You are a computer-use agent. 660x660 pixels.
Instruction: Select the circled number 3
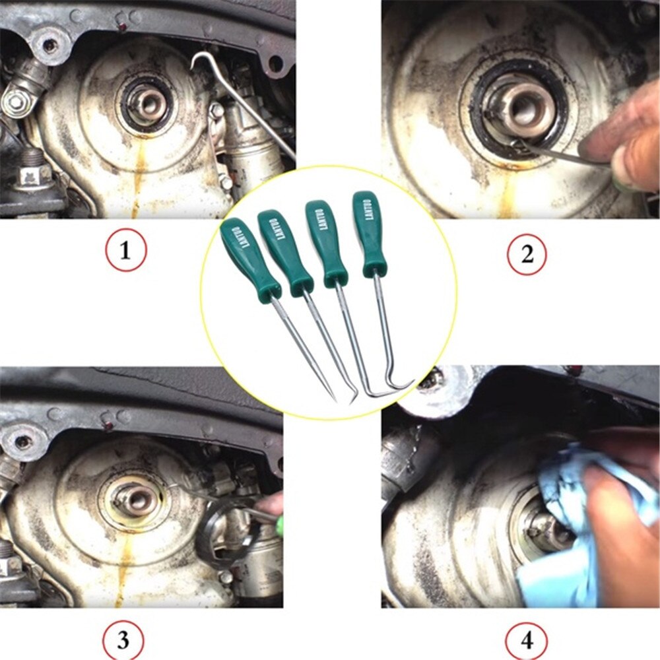pyautogui.click(x=122, y=640)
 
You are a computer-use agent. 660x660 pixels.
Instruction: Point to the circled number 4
pyautogui.click(x=525, y=640)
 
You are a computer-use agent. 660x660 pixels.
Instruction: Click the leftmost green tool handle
pyautogui.click(x=244, y=254)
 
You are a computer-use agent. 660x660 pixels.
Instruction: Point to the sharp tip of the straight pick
pyautogui.click(x=335, y=401)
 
